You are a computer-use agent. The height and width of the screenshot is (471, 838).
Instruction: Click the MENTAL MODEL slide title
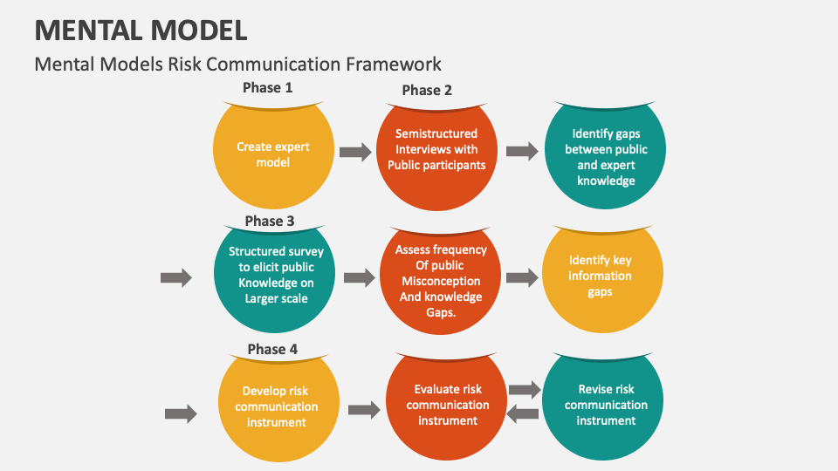141,29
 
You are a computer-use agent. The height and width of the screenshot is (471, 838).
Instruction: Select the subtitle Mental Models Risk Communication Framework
237,64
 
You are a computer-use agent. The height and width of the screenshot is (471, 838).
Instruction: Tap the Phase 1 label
267,87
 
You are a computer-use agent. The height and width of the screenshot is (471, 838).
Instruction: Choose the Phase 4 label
272,349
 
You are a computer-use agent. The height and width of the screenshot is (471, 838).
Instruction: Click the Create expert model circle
273,155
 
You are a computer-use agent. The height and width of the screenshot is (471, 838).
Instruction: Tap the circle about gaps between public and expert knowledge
605,158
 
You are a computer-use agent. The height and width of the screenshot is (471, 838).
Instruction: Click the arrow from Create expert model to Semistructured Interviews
355,153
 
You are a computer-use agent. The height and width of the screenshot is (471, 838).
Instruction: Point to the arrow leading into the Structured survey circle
176,278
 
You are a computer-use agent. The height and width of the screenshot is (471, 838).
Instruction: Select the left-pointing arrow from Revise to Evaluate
523,415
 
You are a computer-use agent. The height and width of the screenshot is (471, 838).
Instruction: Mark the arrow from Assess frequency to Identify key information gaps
522,278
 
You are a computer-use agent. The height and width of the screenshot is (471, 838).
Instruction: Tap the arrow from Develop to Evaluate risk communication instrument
364,409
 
